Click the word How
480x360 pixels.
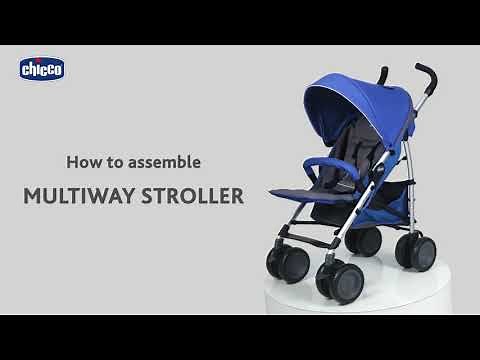tap(82, 160)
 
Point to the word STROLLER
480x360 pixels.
tap(190, 195)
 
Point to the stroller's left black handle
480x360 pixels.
tap(382, 75)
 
